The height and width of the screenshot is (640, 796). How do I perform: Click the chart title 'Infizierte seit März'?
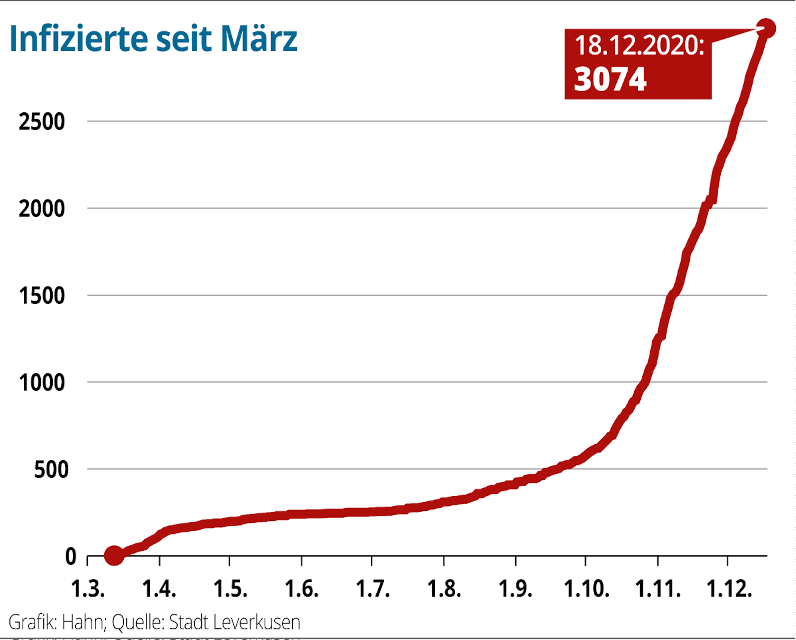point(153,39)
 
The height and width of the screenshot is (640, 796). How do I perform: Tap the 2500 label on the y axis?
point(42,122)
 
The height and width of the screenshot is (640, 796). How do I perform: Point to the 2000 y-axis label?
point(42,208)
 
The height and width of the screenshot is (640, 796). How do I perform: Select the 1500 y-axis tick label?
point(42,296)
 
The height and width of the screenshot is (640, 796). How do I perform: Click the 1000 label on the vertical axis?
point(42,383)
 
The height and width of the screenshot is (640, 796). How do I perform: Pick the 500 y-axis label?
point(51,469)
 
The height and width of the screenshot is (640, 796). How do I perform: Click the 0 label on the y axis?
point(70,556)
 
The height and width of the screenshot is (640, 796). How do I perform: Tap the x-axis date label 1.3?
point(88,589)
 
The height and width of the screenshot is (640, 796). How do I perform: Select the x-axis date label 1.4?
point(159,589)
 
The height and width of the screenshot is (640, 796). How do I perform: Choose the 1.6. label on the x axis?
point(301,589)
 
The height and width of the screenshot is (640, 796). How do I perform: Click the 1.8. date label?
point(444,589)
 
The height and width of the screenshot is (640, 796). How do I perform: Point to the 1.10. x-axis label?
point(587,589)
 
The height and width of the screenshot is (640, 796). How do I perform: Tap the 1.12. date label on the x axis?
point(729,589)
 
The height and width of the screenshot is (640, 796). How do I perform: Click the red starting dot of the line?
point(114,555)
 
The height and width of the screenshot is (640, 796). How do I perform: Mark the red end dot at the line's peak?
point(766,29)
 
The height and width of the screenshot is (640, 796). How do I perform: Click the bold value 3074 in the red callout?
point(610,79)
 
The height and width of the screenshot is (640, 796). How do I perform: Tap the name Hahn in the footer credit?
point(83,622)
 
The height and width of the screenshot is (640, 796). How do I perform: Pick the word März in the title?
point(259,39)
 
